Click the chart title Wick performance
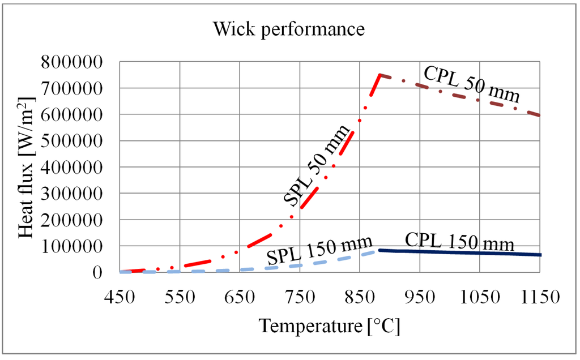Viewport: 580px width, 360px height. (x=289, y=29)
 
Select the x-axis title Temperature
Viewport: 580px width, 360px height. (x=329, y=326)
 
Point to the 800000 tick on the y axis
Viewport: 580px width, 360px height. (x=78, y=62)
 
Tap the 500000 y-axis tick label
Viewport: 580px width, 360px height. (x=78, y=141)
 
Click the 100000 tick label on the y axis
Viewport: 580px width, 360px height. (x=78, y=246)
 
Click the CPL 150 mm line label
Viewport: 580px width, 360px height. (x=459, y=242)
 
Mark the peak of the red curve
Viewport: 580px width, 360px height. (x=380, y=75)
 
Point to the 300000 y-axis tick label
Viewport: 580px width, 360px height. (x=78, y=194)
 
